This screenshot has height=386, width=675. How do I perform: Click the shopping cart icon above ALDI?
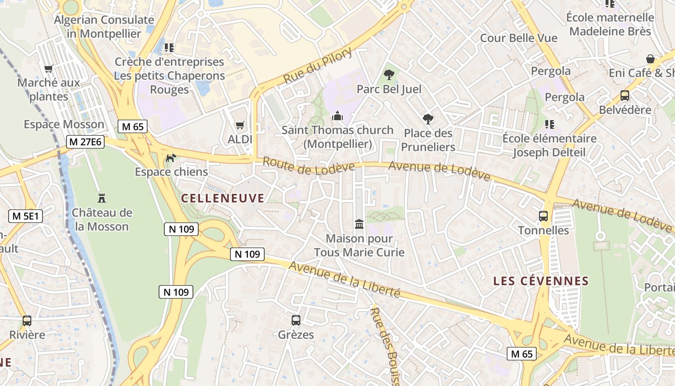click(240, 125)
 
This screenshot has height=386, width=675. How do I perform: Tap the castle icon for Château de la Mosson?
click(102, 198)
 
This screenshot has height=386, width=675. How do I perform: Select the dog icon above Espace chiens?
click(171, 158)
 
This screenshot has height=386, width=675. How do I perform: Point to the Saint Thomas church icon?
click(337, 116)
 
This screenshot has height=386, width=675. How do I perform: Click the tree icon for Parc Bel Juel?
click(389, 75)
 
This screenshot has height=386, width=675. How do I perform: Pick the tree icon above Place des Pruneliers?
click(428, 119)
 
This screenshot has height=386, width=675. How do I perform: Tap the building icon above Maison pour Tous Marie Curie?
click(359, 224)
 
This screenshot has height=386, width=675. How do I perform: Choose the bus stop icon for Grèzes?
click(296, 320)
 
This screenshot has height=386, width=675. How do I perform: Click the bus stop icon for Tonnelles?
click(543, 216)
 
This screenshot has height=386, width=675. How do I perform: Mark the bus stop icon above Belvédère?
click(625, 96)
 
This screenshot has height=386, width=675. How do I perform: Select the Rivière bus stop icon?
click(27, 320)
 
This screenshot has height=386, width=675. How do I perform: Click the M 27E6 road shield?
click(85, 142)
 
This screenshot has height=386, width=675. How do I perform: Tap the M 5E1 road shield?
click(26, 216)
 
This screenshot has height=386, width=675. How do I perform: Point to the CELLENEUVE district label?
click(223, 198)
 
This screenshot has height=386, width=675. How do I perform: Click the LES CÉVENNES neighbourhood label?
click(541, 281)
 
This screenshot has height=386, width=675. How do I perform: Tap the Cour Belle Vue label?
click(518, 38)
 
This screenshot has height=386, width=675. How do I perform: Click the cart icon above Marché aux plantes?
click(48, 69)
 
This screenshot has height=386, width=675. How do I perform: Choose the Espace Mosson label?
click(64, 124)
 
